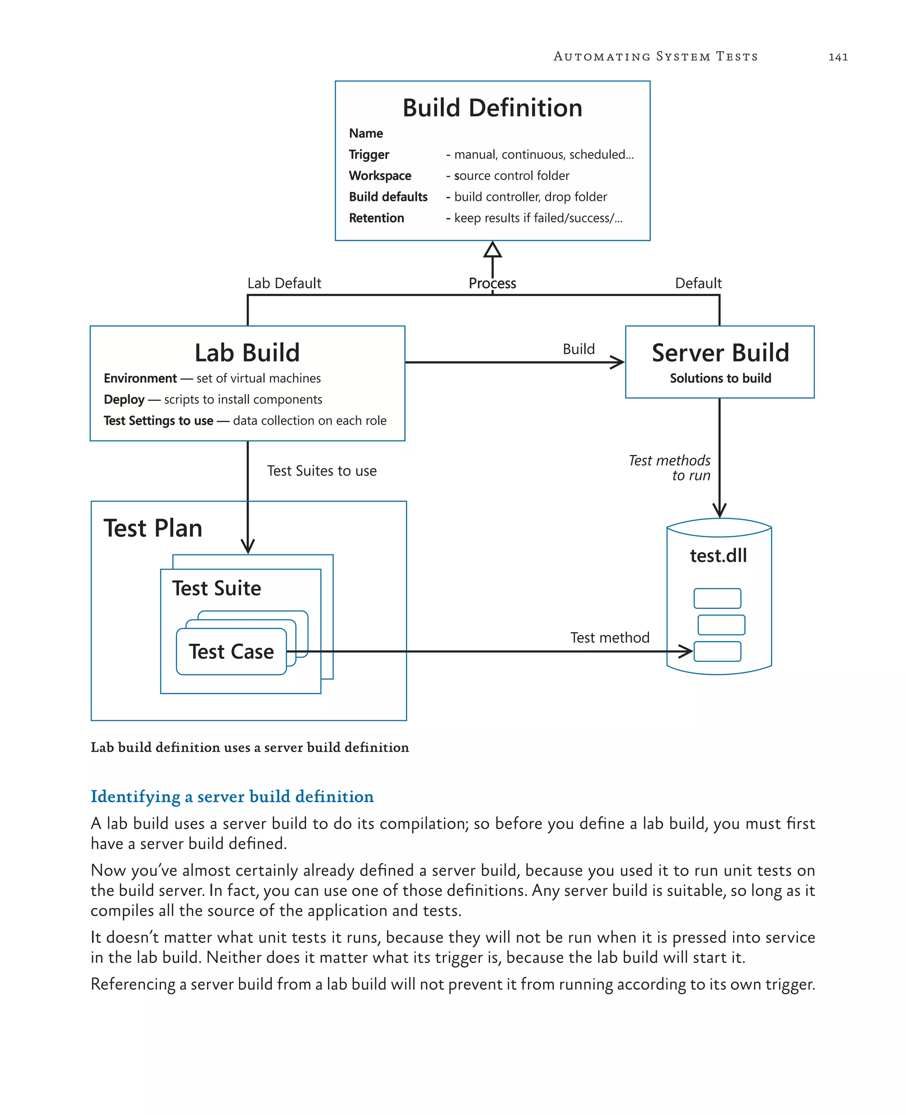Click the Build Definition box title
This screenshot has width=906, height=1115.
pos(492,108)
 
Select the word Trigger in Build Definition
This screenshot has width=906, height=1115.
pos(369,154)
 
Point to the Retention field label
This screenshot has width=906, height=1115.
pos(376,218)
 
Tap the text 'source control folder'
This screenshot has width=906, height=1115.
pos(511,176)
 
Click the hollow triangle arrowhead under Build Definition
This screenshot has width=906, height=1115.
pos(492,250)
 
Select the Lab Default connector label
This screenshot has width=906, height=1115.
pos(284,284)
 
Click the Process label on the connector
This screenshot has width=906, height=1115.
pos(492,284)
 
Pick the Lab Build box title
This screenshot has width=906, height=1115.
pos(247,353)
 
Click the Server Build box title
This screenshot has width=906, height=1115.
pos(720,353)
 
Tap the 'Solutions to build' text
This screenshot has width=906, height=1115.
pos(720,378)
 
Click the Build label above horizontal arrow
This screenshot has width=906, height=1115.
pos(578,349)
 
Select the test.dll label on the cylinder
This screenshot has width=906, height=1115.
pos(718,556)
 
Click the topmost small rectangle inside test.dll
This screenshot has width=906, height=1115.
pos(717,598)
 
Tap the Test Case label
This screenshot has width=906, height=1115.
pos(231,652)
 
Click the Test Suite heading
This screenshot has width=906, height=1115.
pos(217,589)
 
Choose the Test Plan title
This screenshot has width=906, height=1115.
pos(153,528)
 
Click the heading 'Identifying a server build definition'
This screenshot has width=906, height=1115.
pos(232,796)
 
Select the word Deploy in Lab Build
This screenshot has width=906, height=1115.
pos(124,400)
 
